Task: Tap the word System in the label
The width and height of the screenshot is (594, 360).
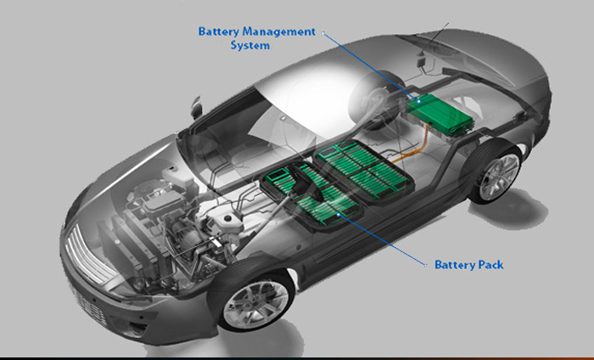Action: pos(250,46)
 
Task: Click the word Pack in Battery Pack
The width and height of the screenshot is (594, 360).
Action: pos(490,265)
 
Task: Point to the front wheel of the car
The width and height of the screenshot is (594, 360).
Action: pos(255,304)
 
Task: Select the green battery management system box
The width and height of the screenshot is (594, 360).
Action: pos(440,114)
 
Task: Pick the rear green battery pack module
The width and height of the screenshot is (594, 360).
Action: pos(364,170)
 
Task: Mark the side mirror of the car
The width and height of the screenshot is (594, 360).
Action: pos(196,106)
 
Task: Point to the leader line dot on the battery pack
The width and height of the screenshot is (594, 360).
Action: pos(339,215)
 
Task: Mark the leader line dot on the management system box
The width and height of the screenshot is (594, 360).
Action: pos(419,101)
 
